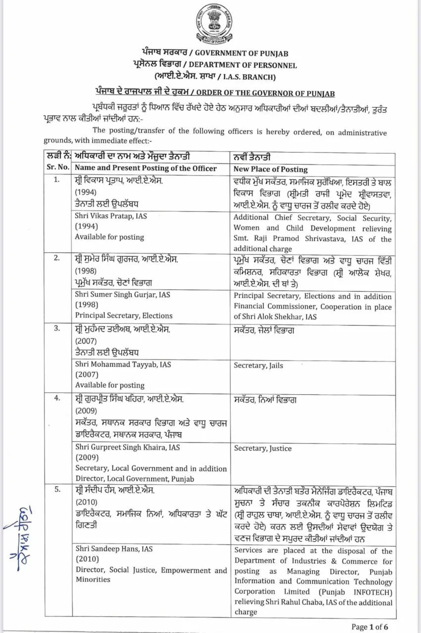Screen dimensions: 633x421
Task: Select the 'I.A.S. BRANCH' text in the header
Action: [x=244, y=77]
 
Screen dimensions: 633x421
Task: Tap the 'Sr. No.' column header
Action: [x=58, y=168]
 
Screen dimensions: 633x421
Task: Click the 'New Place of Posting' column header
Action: [x=271, y=169]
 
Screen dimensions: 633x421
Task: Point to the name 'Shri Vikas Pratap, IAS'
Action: [x=111, y=216]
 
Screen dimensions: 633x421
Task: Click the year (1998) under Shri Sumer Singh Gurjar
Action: [x=86, y=305]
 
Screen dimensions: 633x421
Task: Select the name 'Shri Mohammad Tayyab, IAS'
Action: [x=123, y=364]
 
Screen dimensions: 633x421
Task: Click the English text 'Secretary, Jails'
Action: [x=258, y=365]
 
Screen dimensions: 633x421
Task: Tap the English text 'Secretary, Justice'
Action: [x=263, y=449]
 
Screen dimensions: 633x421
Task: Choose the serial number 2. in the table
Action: [x=57, y=258]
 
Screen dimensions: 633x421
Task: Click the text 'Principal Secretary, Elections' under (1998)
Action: [x=124, y=316]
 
